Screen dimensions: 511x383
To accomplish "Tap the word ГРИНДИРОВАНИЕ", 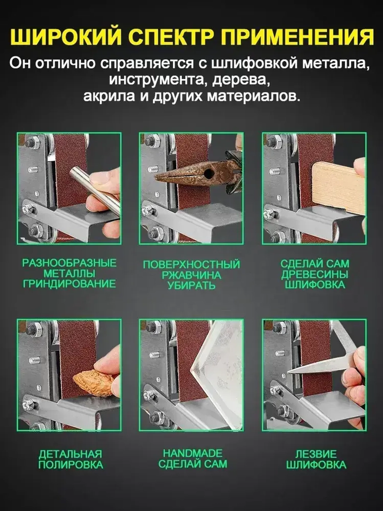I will [x=69, y=284].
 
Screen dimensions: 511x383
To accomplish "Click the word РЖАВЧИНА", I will [x=191, y=275].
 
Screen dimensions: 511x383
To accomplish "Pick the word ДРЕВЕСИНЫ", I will [x=314, y=274].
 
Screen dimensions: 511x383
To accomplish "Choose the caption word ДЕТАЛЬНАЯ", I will [x=70, y=454].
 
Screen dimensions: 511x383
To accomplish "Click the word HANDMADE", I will [x=193, y=453].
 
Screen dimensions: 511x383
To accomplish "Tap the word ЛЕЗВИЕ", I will [x=316, y=454].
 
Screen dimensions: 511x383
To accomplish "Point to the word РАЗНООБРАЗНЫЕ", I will [x=69, y=263].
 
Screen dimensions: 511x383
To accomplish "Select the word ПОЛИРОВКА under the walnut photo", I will [x=70, y=465].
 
